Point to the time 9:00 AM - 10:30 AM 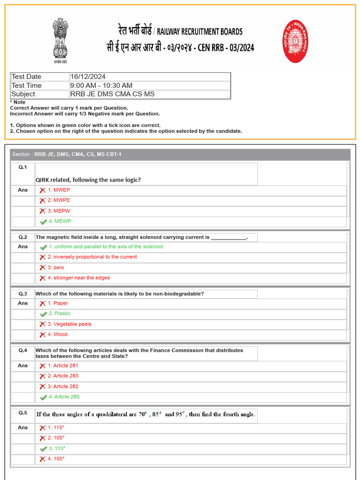click(x=101, y=85)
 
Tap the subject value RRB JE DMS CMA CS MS click(x=112, y=94)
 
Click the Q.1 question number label click(x=23, y=167)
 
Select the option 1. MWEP click(x=59, y=190)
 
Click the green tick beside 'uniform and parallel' click(x=43, y=247)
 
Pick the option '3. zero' click(x=56, y=267)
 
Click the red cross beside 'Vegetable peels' click(x=43, y=324)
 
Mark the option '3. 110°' click(x=57, y=449)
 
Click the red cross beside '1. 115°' click(x=43, y=428)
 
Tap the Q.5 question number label click(x=23, y=413)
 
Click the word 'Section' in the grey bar click(x=21, y=155)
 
